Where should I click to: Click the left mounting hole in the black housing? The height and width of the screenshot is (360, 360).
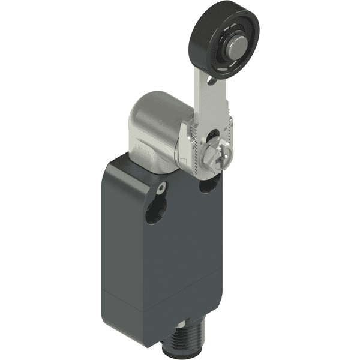pos(152,213)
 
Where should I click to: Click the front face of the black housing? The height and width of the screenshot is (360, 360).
pos(174,246)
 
